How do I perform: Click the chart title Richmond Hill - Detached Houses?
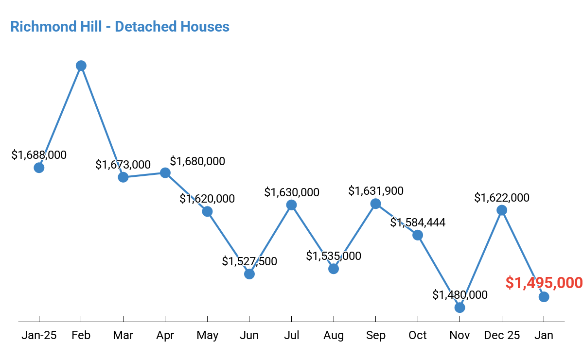click(120, 26)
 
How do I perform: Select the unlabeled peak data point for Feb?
click(81, 66)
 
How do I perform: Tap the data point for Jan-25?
click(39, 168)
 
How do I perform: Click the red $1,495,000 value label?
click(544, 283)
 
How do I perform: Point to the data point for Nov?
click(459, 308)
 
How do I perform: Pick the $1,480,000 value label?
click(459, 295)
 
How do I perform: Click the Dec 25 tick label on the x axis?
click(502, 335)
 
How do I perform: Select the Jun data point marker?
click(249, 274)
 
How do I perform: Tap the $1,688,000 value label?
click(39, 155)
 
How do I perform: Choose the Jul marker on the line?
click(291, 205)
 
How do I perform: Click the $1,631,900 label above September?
click(376, 191)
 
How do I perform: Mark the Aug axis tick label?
click(334, 335)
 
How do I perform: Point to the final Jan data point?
click(544, 297)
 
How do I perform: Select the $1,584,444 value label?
click(418, 223)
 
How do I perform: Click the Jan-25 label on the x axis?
click(39, 335)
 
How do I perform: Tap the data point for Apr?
click(165, 173)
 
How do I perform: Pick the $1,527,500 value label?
click(249, 261)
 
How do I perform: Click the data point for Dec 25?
click(502, 210)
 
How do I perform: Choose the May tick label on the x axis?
click(207, 335)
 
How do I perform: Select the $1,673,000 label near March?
click(123, 165)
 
